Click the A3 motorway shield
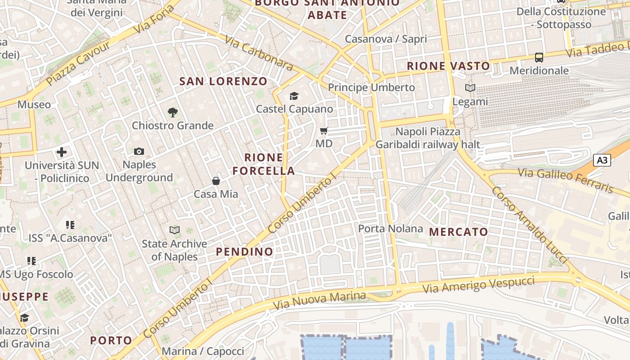602,160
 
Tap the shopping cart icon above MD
324,131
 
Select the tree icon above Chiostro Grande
172,112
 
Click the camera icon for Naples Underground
139,152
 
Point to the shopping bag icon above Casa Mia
216,181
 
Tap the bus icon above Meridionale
539,58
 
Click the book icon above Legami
470,88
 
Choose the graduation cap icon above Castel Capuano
294,96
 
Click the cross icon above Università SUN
62,152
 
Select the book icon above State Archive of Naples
175,230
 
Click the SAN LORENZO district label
223,81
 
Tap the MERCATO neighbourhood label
459,232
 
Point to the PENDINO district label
245,252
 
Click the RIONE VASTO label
448,66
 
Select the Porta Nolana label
391,229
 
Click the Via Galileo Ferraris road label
565,180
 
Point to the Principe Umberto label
371,87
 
